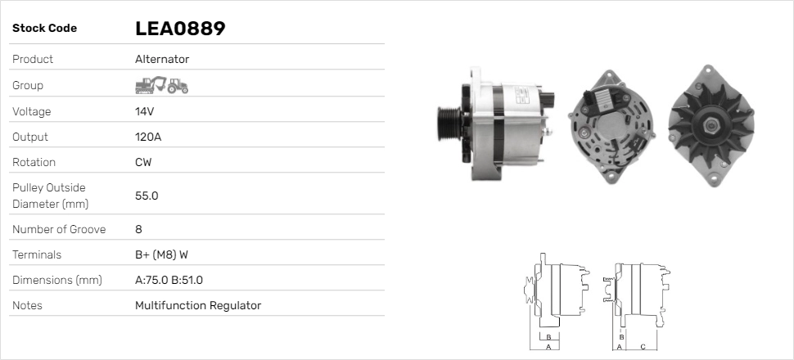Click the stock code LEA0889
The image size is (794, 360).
180,29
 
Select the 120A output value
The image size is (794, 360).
148,137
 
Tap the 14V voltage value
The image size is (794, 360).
144,111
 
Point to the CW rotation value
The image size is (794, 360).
143,162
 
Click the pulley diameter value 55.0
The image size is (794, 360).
147,196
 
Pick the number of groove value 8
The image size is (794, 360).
139,229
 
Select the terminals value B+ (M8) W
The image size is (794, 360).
161,254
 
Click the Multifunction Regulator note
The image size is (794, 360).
198,305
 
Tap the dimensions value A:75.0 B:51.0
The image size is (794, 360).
169,280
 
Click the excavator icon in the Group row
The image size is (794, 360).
151,86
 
